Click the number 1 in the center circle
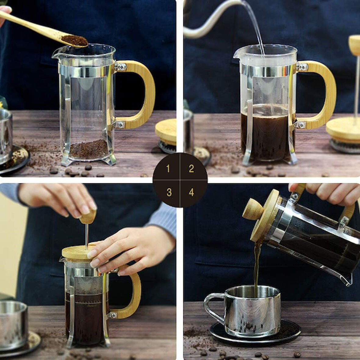(168, 168)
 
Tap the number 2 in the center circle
(191, 168)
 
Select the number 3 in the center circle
(169, 192)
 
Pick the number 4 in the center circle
(191, 192)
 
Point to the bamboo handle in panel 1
(148, 92)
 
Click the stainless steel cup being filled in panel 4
(253, 311)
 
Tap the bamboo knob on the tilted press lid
(253, 210)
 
